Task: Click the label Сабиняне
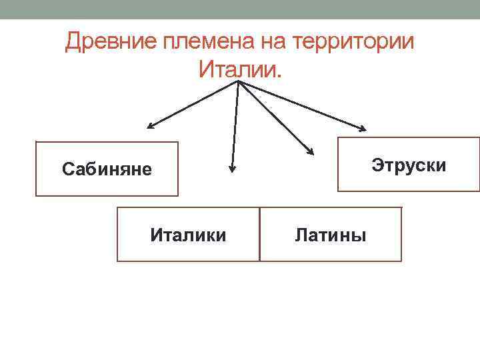point(107,169)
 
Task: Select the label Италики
point(188,235)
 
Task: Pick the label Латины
point(330,235)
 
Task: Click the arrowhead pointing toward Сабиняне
point(151,126)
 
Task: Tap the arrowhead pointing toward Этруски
point(363,128)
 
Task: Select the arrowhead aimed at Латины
point(311,152)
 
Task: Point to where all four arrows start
point(238,82)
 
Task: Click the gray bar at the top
point(240,9)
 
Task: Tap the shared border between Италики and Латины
point(259,233)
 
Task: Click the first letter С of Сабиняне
point(67,169)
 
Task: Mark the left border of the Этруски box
point(339,164)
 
